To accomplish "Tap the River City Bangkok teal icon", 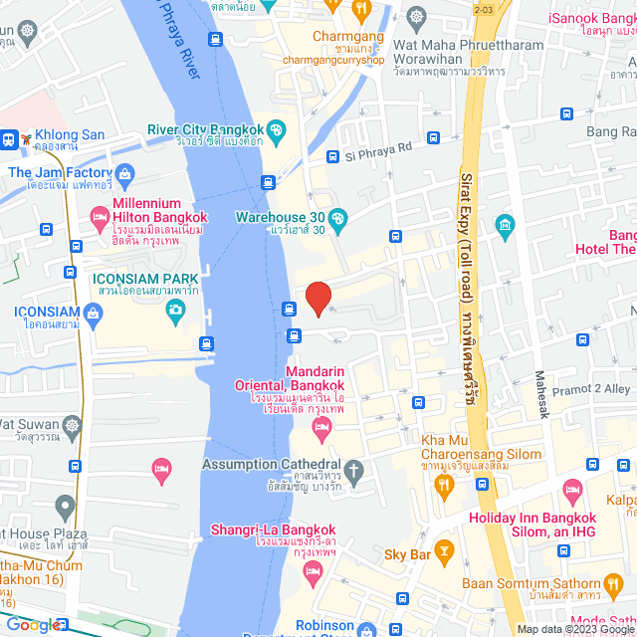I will pyautogui.click(x=276, y=130).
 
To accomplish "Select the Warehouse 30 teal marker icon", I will pyautogui.click(x=338, y=219).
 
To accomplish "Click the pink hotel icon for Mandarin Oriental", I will pyautogui.click(x=320, y=428).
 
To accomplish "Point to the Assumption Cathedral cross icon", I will pyautogui.click(x=354, y=466).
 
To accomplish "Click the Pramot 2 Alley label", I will pyautogui.click(x=589, y=389).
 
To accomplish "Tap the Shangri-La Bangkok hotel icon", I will pyautogui.click(x=313, y=570).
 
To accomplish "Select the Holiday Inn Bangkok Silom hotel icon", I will pyautogui.click(x=572, y=490).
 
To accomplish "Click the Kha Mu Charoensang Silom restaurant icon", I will pyautogui.click(x=445, y=485).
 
